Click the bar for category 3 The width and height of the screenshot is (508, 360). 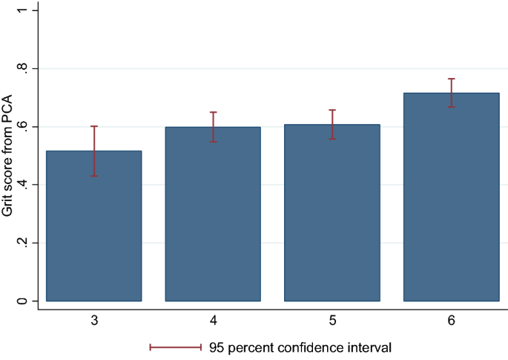pyautogui.click(x=93, y=226)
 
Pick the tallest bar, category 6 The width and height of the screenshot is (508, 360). pyautogui.click(x=451, y=197)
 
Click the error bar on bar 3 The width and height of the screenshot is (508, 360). pyautogui.click(x=93, y=151)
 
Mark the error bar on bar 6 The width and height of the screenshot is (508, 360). pyautogui.click(x=451, y=93)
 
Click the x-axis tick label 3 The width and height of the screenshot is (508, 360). pyautogui.click(x=93, y=321)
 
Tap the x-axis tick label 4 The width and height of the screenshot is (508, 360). pyautogui.click(x=213, y=321)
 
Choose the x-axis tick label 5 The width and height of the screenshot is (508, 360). pyautogui.click(x=331, y=321)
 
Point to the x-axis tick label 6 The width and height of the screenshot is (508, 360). pyautogui.click(x=451, y=321)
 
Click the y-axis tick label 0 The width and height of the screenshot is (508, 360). pyautogui.click(x=24, y=301)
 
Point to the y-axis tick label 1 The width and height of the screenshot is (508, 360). pyautogui.click(x=24, y=10)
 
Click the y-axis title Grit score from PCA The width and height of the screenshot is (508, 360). pyautogui.click(x=7, y=156)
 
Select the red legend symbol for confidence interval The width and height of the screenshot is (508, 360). pyautogui.click(x=176, y=347)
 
